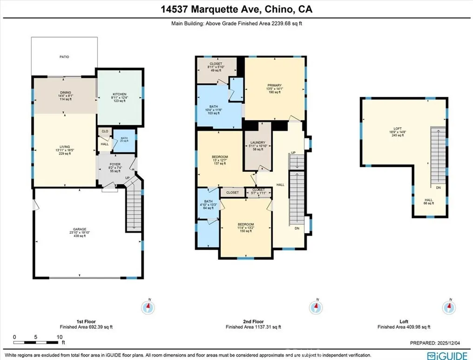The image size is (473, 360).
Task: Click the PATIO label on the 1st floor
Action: (64, 57)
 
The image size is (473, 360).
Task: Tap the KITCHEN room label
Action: (120, 94)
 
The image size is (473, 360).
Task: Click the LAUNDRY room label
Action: (257, 143)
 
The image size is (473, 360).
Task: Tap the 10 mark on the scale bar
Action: (59, 337)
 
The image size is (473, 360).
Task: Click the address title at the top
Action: (236, 9)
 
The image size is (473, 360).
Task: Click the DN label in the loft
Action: (438, 188)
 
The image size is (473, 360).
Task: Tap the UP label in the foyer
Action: (127, 177)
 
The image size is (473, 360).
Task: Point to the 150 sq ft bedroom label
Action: (246, 225)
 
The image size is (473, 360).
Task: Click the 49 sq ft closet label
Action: (216, 64)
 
